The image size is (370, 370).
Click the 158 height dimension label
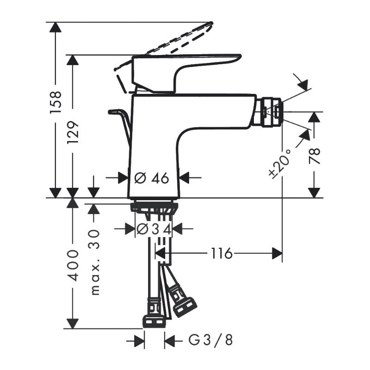[x=55, y=103]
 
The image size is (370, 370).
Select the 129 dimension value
[x=73, y=133]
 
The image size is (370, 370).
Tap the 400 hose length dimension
[x=73, y=265]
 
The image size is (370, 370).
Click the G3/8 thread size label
[x=211, y=341]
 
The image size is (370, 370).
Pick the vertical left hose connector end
[x=154, y=314]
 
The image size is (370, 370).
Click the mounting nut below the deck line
[x=154, y=206]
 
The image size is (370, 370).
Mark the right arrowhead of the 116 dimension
[x=277, y=253]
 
